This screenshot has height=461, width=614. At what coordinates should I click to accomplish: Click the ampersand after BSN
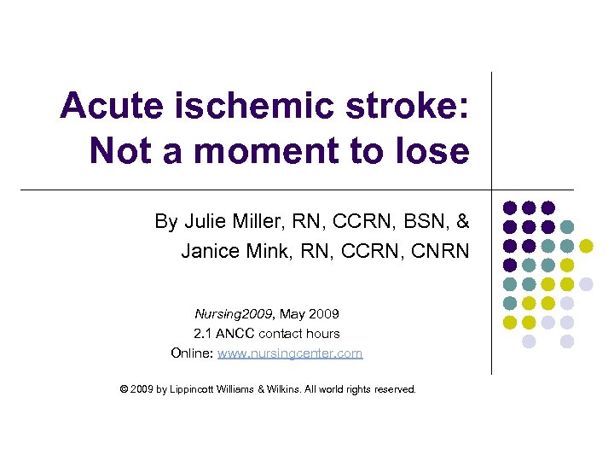point(462,222)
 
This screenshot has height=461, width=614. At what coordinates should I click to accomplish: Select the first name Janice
point(210,251)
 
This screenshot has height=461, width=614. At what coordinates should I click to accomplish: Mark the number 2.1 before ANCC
point(205,333)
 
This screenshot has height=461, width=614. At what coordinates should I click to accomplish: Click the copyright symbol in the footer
point(125,389)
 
